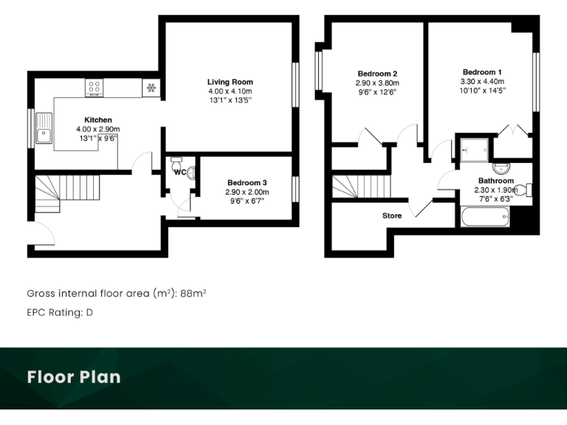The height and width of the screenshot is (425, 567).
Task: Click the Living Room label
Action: coord(230,82)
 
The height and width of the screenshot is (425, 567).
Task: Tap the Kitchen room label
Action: coord(97,120)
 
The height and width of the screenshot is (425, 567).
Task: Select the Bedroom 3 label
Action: coord(247,182)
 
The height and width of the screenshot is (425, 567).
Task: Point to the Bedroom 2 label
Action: coord(378,74)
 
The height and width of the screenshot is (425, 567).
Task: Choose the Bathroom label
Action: coord(495,181)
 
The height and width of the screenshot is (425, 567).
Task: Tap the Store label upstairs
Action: coord(391,216)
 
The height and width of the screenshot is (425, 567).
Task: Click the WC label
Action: coord(179,172)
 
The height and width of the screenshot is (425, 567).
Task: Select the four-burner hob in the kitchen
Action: coord(94,89)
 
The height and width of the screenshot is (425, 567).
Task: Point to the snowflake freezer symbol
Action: coord(151,88)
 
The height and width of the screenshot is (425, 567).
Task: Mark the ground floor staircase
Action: coord(66,190)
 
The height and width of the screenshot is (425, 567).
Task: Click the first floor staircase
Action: coord(360,185)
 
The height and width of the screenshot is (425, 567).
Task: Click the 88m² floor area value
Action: coord(193,293)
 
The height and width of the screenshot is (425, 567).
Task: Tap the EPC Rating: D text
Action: coord(60,312)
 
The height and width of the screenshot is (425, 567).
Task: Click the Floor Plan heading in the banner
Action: coord(74,377)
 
